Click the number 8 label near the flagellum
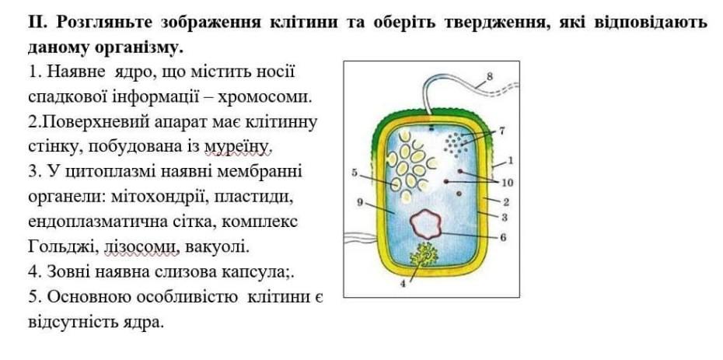click(x=490, y=76)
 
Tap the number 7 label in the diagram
click(x=502, y=130)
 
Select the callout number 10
click(x=508, y=183)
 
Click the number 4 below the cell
click(x=403, y=284)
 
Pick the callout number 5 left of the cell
click(x=354, y=173)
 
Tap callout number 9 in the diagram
click(x=359, y=202)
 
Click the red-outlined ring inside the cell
click(x=425, y=225)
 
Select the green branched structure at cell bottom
click(x=425, y=255)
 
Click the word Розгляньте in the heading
click(x=103, y=22)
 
